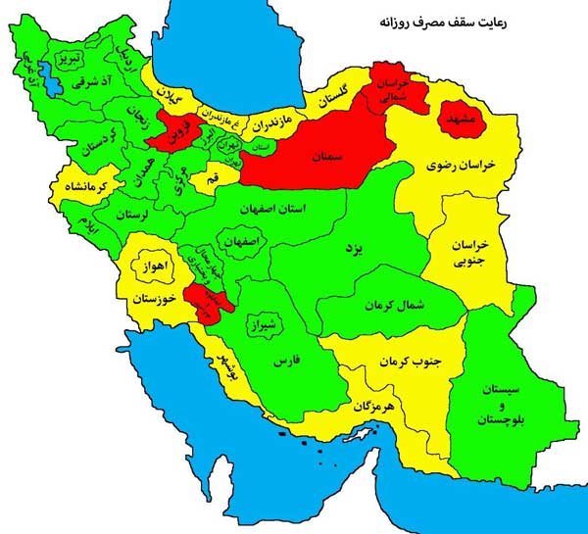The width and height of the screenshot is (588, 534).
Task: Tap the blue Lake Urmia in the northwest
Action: click(45, 77)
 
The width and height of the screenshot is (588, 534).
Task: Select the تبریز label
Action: click(73, 59)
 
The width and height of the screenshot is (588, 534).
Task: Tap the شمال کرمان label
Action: click(390, 307)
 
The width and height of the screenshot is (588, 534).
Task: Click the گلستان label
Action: click(333, 95)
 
